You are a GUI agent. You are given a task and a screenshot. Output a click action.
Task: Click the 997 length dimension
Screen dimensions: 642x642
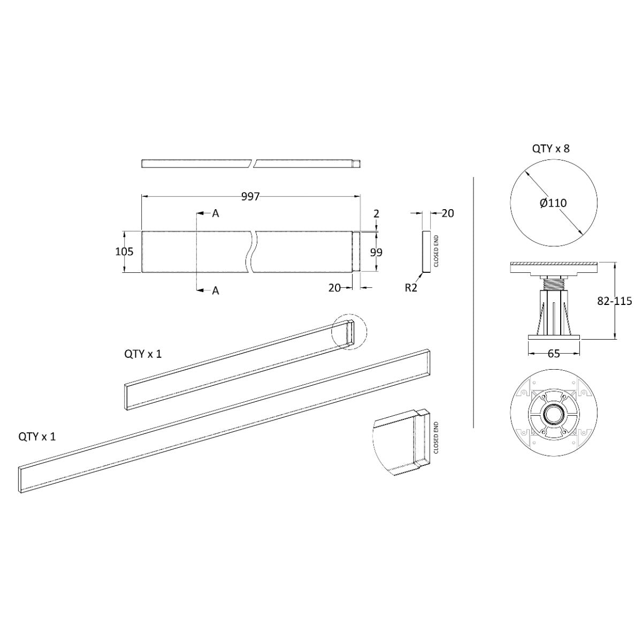(250, 197)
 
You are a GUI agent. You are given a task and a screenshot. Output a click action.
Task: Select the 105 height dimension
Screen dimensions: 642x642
(124, 251)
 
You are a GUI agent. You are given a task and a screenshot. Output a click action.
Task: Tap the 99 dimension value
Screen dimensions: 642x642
(377, 253)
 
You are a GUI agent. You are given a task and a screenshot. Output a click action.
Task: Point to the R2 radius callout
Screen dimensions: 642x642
(411, 287)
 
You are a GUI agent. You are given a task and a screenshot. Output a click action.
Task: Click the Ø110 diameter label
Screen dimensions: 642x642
(553, 203)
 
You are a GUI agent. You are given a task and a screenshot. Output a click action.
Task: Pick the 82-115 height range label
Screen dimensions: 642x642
(615, 301)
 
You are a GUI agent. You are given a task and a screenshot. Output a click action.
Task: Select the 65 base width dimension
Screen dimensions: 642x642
(553, 354)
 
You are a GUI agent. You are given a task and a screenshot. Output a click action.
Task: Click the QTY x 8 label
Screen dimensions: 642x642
(551, 149)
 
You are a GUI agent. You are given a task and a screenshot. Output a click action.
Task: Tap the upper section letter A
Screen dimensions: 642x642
(216, 213)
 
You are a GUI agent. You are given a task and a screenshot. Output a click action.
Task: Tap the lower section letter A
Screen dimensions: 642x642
(216, 291)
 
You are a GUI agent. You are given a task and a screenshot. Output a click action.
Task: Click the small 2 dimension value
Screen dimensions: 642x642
(377, 213)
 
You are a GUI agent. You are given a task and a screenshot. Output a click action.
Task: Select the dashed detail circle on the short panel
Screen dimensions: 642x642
(348, 332)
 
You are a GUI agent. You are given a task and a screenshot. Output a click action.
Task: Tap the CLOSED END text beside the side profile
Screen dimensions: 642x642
(436, 251)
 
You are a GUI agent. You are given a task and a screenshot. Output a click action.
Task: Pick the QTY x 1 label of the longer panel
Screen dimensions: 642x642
(37, 437)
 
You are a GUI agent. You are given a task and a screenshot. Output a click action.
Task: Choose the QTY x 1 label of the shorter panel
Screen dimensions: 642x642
(143, 354)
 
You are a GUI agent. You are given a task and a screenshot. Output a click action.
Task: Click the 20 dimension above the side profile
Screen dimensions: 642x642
(448, 213)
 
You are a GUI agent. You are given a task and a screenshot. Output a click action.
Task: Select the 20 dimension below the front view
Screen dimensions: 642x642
(335, 287)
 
